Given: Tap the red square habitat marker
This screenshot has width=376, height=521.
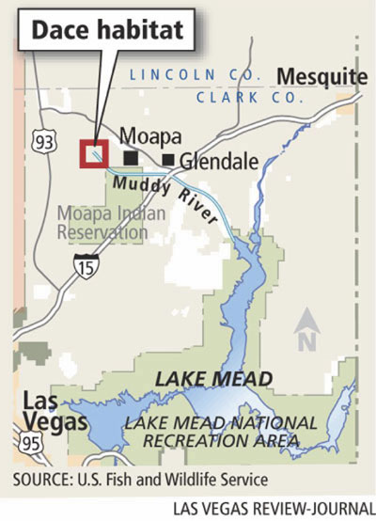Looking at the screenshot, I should point(95,153).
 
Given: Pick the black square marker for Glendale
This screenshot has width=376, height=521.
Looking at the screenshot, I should point(168,160).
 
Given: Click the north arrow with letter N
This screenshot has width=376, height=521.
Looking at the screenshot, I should point(307,334).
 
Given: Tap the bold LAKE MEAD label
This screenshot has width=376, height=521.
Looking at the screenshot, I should point(214,378).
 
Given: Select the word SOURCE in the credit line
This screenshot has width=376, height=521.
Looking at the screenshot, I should point(43,479).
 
